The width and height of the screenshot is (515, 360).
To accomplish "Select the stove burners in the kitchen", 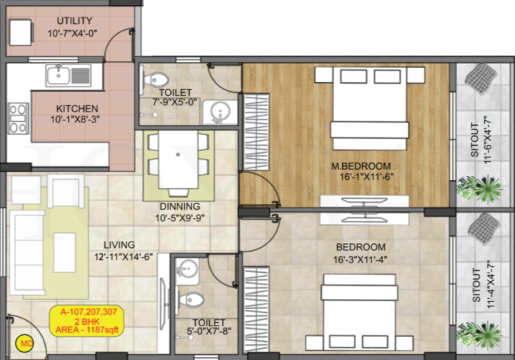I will click(18, 118).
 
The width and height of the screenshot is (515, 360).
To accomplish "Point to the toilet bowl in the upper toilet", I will click(157, 79).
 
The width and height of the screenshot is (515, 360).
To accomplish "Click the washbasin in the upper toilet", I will click(220, 111).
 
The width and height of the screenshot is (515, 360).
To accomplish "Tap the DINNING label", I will click(180, 207).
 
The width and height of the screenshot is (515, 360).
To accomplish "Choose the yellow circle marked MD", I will click(26, 344).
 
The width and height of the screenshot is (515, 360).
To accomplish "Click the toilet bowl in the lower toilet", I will click(192, 300).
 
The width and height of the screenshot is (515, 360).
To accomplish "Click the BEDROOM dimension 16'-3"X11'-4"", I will click(361, 260).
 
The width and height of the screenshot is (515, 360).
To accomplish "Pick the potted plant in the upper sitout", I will click(482, 187).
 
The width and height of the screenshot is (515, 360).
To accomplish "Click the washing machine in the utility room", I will click(20, 32).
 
